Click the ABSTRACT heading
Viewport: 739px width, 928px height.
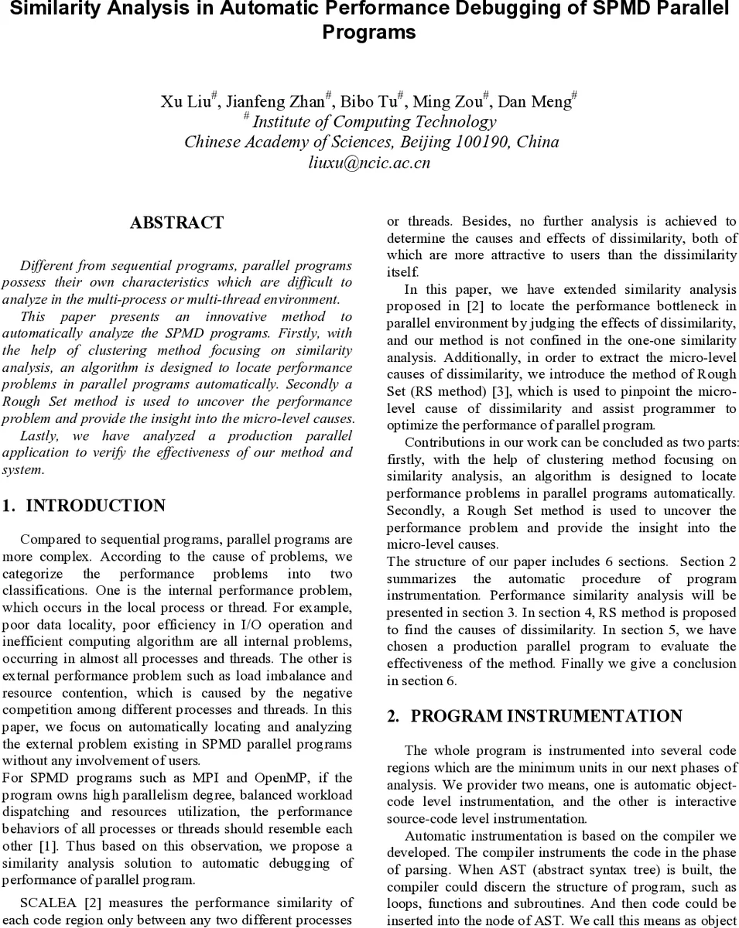(x=176, y=223)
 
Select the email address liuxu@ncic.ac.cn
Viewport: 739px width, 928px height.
(x=369, y=162)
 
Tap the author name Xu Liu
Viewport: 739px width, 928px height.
(x=186, y=102)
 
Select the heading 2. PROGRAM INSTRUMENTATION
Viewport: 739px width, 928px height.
(x=535, y=716)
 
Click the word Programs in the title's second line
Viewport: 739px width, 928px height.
(x=369, y=32)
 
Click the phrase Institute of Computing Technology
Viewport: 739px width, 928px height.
(x=375, y=122)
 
